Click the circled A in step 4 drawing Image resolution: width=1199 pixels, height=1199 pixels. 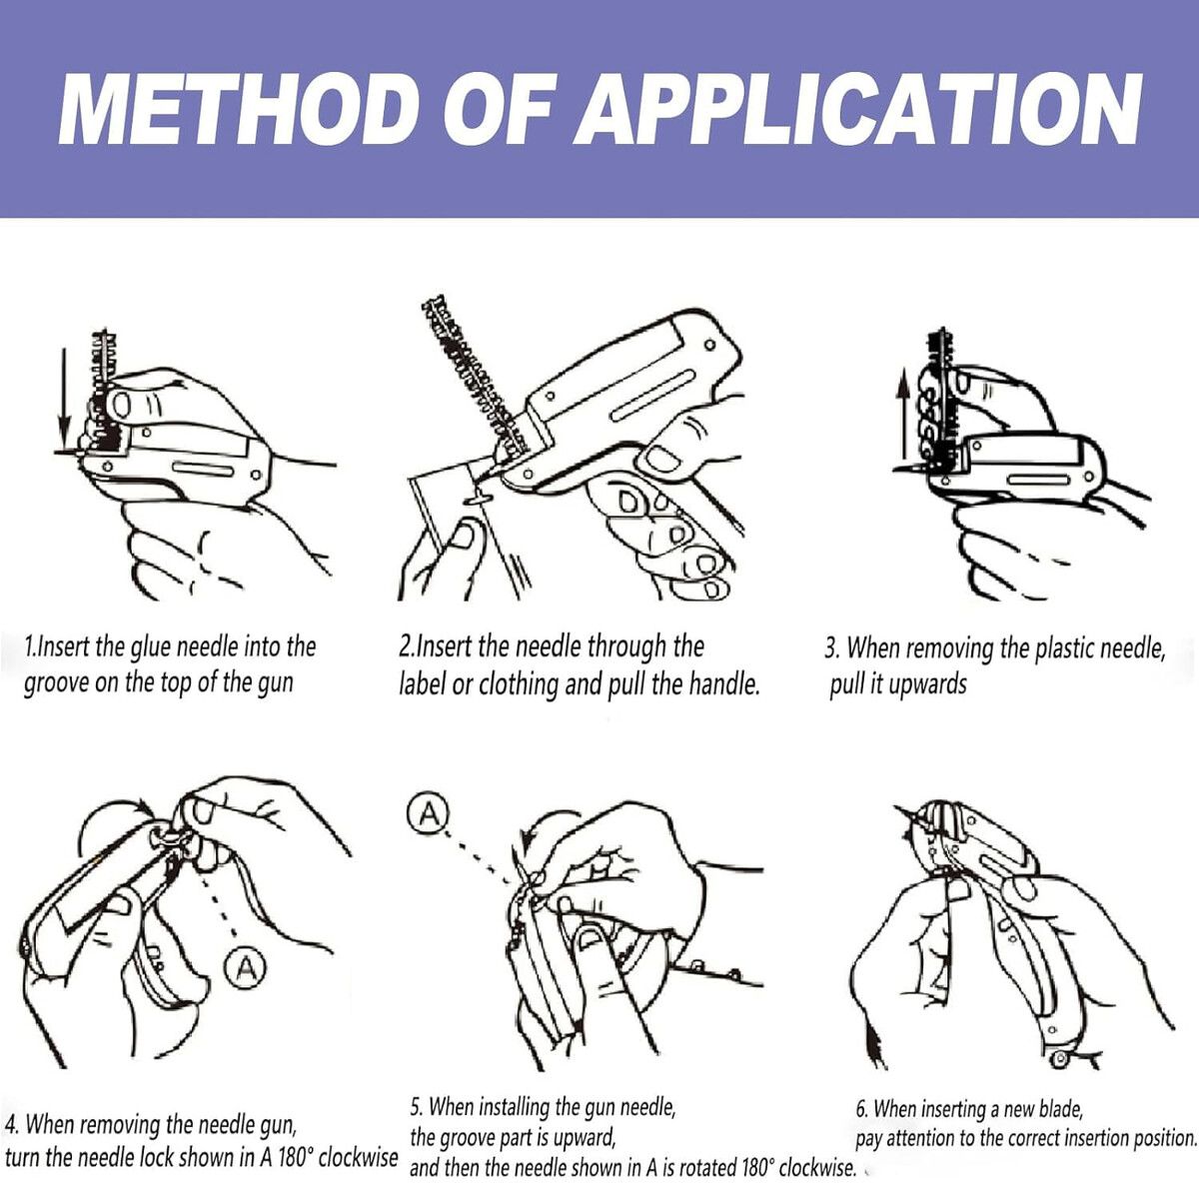pyautogui.click(x=243, y=966)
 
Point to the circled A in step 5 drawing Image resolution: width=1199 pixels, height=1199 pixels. pyautogui.click(x=428, y=814)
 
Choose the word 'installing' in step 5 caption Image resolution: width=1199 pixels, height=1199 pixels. pyautogui.click(x=515, y=1107)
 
